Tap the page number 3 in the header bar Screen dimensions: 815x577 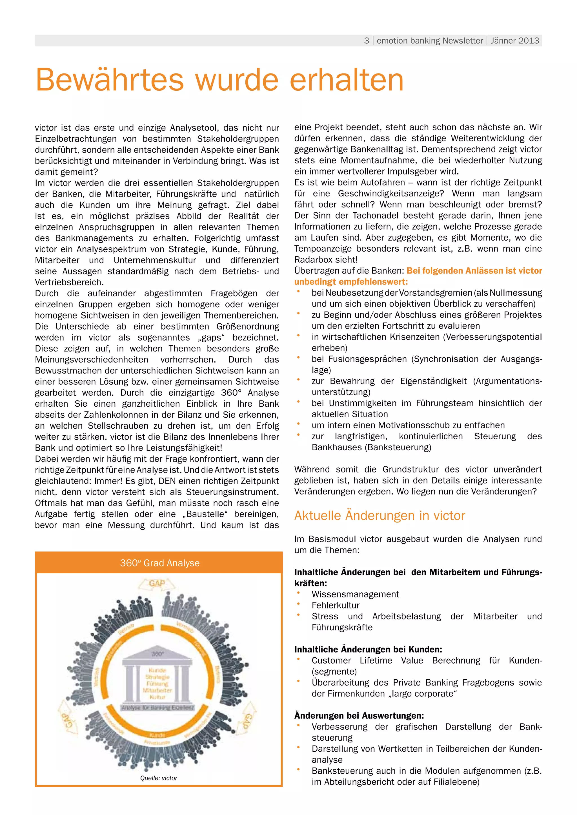click(366, 41)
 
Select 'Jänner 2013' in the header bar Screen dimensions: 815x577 click(514, 41)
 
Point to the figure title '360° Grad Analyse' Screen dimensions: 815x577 click(159, 563)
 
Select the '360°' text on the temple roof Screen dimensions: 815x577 click(157, 653)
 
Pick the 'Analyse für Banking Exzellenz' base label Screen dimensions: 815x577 click(158, 708)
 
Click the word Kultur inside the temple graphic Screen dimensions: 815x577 click(157, 697)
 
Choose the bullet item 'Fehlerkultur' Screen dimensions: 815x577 click(335, 605)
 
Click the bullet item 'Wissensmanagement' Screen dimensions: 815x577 click(355, 594)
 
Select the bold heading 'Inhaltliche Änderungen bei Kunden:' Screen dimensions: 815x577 click(368, 650)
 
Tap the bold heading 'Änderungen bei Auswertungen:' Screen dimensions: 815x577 click(359, 716)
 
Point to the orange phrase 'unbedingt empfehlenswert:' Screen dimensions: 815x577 click(351, 282)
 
